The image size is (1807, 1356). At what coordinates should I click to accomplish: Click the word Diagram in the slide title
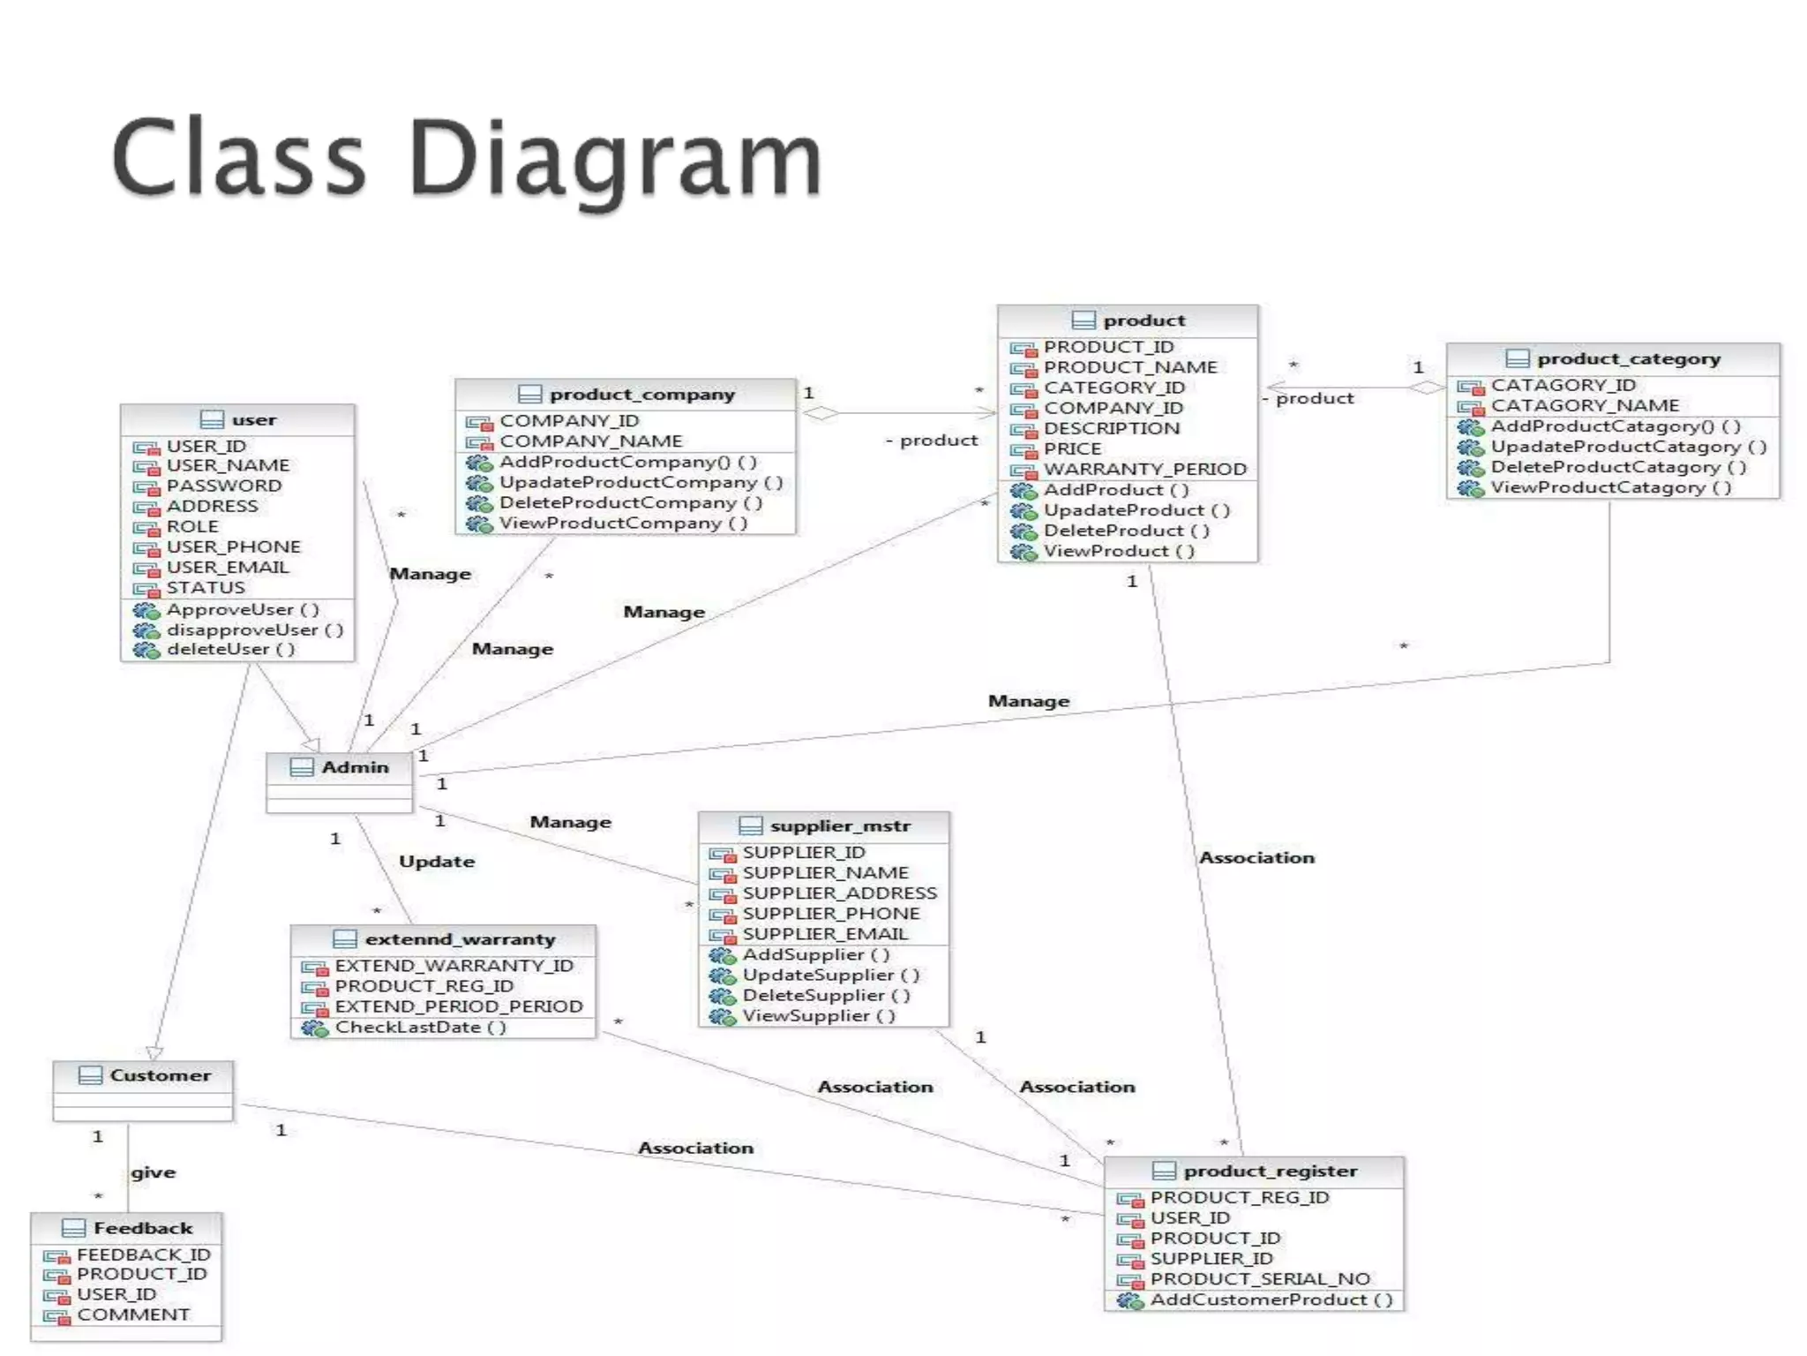click(615, 159)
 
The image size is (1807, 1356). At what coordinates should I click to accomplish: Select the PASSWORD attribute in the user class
click(224, 486)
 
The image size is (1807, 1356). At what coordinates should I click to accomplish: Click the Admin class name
click(355, 767)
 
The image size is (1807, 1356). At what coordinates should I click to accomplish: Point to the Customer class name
click(160, 1075)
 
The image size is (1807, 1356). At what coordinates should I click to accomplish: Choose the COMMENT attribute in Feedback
click(132, 1315)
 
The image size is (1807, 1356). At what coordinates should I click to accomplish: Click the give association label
click(154, 1172)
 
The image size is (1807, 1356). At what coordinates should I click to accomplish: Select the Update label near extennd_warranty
click(437, 862)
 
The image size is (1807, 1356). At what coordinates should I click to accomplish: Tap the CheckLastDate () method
click(420, 1027)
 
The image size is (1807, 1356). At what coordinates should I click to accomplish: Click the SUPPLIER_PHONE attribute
click(830, 914)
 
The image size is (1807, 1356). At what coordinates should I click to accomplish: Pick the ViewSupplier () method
click(818, 1015)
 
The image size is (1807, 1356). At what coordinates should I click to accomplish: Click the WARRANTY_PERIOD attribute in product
click(1144, 469)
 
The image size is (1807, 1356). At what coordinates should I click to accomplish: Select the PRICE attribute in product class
click(1072, 448)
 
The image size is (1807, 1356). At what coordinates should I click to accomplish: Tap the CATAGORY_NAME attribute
click(1585, 405)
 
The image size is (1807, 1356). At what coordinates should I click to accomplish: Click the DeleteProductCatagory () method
click(1618, 467)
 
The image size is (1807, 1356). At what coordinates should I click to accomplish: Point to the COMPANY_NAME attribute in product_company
click(590, 441)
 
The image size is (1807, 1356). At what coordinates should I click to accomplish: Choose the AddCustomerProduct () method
click(1271, 1299)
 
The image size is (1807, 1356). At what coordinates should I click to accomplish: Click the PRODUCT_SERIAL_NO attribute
click(1259, 1279)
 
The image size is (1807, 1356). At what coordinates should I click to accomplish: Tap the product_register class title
click(1270, 1171)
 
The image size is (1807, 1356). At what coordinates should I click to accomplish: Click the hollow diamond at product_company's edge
click(821, 413)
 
